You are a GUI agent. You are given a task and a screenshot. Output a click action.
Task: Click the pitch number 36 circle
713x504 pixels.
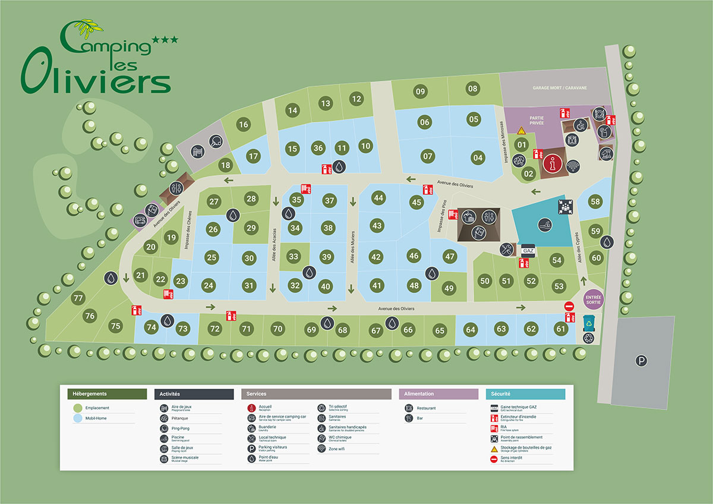pyautogui.click(x=318, y=148)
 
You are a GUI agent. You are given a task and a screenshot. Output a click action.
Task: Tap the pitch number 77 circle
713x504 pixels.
pyautogui.click(x=77, y=298)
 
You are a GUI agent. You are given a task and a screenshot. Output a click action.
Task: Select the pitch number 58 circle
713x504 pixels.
pyautogui.click(x=595, y=201)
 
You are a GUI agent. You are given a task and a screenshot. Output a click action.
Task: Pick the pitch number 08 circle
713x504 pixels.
pyautogui.click(x=472, y=89)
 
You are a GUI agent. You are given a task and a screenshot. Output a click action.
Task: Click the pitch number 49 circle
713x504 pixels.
pyautogui.click(x=449, y=288)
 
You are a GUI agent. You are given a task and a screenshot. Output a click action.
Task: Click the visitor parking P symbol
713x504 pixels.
pyautogui.click(x=641, y=360)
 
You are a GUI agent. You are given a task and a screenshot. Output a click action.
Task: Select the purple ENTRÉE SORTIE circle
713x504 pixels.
pyautogui.click(x=594, y=298)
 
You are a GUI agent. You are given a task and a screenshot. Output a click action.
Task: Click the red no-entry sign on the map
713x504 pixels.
pyautogui.click(x=569, y=306)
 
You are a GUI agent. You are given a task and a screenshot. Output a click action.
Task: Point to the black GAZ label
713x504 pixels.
pyautogui.click(x=528, y=251)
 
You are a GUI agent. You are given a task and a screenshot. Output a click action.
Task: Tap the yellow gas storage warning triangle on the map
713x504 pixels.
pyautogui.click(x=521, y=130)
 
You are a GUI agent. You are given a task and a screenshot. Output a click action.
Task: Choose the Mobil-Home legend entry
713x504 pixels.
pyautogui.click(x=97, y=418)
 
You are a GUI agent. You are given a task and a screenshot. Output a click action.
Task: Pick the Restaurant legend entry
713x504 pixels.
pyautogui.click(x=427, y=408)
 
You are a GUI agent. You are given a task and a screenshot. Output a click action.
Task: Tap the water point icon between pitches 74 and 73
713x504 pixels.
pyautogui.click(x=168, y=321)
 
